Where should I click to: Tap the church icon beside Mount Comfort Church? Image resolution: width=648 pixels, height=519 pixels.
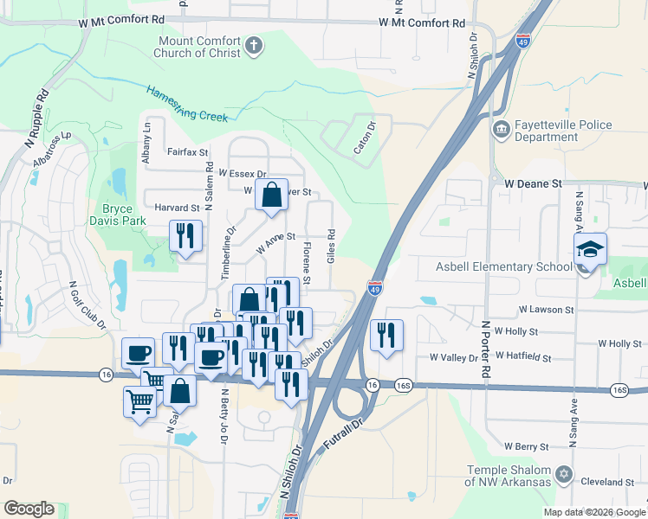(254, 45)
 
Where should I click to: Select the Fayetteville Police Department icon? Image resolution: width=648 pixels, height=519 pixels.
(502, 130)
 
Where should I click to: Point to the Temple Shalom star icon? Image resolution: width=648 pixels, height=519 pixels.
(564, 474)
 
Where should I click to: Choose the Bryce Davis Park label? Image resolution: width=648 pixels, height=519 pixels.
(117, 215)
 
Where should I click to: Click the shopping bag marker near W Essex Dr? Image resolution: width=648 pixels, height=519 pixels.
(272, 195)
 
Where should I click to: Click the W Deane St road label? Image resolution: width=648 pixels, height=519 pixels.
(534, 184)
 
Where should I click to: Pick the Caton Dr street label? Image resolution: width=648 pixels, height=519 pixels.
(365, 138)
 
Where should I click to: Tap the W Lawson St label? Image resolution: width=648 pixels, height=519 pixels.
(546, 309)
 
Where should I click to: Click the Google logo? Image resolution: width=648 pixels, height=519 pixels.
(29, 509)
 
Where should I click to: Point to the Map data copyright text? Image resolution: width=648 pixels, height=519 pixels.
(594, 512)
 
